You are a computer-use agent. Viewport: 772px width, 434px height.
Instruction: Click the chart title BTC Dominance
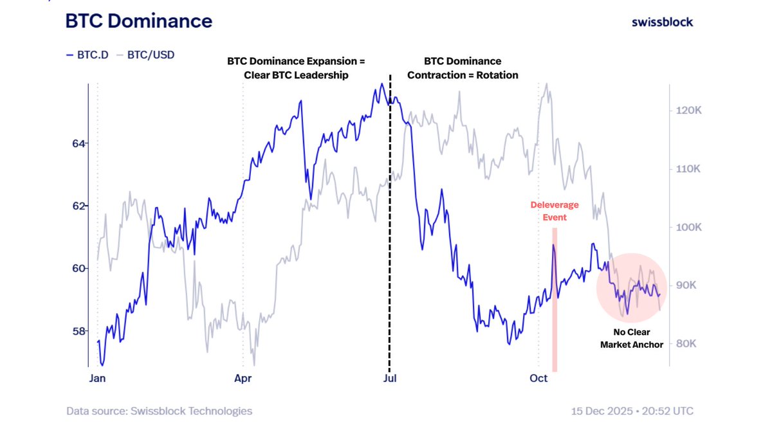coord(138,21)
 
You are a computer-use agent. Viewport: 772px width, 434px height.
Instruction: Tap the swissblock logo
coord(662,22)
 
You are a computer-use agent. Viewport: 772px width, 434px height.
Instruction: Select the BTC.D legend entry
coord(88,55)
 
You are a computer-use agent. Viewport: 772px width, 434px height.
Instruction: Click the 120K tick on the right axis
coord(688,111)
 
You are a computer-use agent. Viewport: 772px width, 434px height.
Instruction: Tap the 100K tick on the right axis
coord(688,228)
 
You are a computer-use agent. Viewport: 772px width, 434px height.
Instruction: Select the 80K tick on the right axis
coord(686,343)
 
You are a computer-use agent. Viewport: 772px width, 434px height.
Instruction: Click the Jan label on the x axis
coord(96,378)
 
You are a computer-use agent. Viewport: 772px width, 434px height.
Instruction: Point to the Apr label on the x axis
coord(243,378)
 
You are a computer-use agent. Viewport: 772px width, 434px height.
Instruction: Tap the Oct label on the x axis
coord(538,378)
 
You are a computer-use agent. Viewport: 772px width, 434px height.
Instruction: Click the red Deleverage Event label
coord(554,211)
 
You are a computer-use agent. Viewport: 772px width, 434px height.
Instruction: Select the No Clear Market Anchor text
coord(631,339)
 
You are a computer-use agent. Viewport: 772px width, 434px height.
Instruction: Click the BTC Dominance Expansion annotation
coord(296,68)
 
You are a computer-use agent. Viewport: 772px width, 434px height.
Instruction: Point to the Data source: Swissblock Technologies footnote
coord(159,411)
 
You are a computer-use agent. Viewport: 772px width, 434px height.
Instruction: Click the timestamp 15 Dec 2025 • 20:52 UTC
coord(632,411)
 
